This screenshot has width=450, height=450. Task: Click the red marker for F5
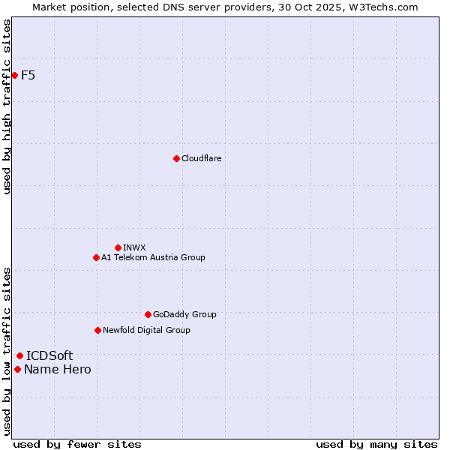click(x=14, y=75)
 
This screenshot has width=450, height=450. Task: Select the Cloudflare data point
click(x=176, y=158)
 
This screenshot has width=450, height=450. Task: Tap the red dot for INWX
click(x=118, y=247)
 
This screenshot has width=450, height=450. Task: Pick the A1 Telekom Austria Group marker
click(x=96, y=257)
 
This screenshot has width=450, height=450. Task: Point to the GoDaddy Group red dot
click(x=148, y=314)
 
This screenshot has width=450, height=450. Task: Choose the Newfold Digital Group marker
click(x=97, y=330)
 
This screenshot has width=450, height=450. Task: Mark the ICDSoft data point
click(x=19, y=355)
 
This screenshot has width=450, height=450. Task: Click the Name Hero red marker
click(x=17, y=369)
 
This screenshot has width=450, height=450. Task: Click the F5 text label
click(x=28, y=75)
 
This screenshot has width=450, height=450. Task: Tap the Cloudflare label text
click(x=201, y=158)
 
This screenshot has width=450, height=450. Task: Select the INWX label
click(x=134, y=247)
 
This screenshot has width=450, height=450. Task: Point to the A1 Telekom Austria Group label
click(x=153, y=257)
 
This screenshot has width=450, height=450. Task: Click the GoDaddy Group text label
click(x=184, y=314)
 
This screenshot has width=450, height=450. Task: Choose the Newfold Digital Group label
click(x=146, y=330)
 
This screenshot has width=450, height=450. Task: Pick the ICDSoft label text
click(x=49, y=355)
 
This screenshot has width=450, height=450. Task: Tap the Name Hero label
click(x=58, y=369)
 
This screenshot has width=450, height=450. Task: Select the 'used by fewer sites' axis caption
click(x=77, y=444)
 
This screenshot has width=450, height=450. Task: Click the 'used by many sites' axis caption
click(x=376, y=444)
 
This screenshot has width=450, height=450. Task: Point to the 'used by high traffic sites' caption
click(x=7, y=106)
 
